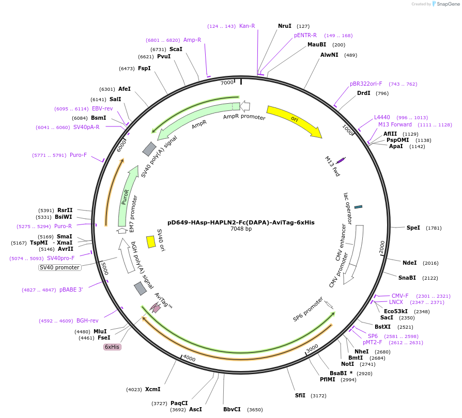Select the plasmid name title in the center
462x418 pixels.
coord(241,222)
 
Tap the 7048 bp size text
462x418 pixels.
coord(241,229)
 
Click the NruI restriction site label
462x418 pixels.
coord(285,26)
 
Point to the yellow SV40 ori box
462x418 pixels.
coord(151,242)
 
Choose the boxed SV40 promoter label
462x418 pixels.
coord(60,267)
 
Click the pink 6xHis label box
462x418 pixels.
coord(112,347)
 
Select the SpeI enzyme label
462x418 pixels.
coord(413,228)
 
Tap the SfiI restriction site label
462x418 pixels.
coord(300,396)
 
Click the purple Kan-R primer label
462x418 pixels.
coord(247,26)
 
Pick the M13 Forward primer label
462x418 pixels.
coord(395,124)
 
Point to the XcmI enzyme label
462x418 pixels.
coord(153,389)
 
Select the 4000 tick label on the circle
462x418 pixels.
coord(189,358)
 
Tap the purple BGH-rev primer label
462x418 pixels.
coord(87,320)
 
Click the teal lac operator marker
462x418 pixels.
coord(358,207)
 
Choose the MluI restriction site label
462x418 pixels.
coord(100,331)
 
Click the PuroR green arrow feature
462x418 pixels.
coord(126,196)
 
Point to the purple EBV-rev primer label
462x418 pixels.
coord(102,108)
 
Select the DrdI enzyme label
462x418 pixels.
coord(364,93)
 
